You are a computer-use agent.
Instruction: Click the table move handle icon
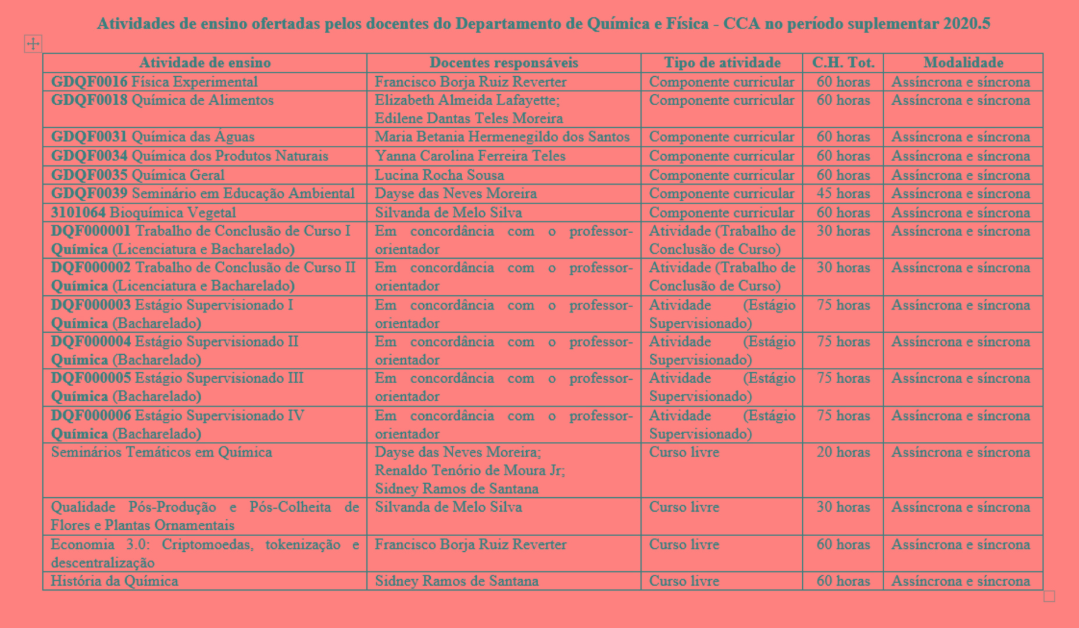(33, 43)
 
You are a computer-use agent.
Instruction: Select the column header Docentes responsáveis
(503, 63)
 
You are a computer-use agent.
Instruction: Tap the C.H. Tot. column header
(843, 63)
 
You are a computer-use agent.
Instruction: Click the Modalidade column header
(963, 63)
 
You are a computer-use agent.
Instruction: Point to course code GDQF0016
(89, 82)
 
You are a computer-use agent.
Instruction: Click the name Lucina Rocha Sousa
(439, 175)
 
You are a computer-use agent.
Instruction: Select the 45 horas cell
(843, 194)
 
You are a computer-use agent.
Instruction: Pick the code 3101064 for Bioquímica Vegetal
(78, 213)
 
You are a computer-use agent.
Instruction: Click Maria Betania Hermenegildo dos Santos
(502, 137)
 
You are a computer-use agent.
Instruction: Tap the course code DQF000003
(91, 305)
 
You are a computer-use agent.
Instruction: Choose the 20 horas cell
(843, 452)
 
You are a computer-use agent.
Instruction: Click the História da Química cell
(115, 581)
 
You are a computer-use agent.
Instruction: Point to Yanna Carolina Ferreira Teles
(470, 156)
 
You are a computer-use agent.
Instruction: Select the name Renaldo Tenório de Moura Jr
(470, 470)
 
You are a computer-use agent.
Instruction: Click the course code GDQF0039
(89, 194)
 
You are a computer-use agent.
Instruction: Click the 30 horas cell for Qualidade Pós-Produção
(843, 507)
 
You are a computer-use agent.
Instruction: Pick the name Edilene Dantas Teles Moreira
(469, 119)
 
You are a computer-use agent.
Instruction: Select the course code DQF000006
(91, 416)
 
